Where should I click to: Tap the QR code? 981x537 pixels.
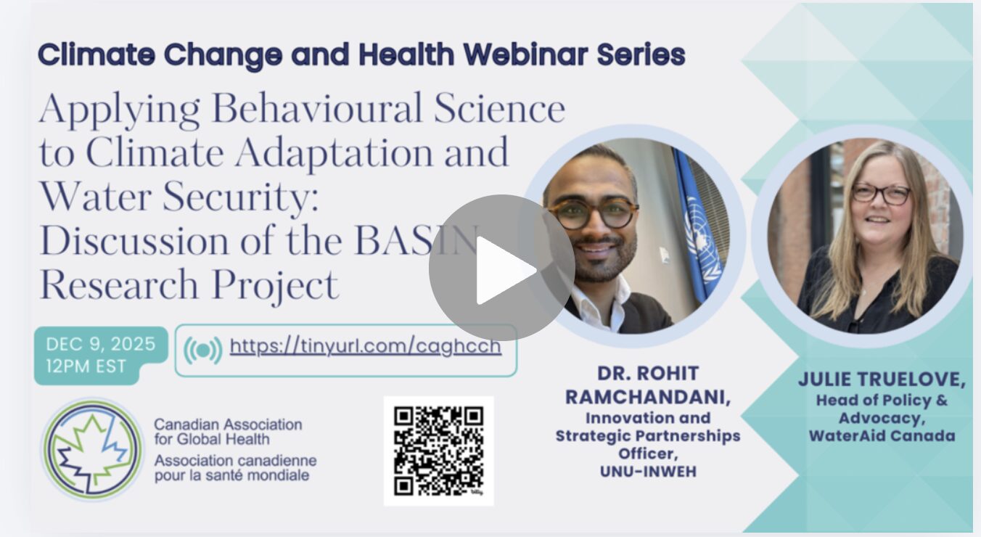click(x=439, y=451)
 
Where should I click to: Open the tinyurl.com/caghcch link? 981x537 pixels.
click(x=366, y=347)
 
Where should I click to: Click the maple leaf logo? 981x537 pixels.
click(x=92, y=450)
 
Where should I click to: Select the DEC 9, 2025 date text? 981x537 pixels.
click(x=101, y=344)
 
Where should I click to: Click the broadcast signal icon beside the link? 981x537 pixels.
click(x=202, y=350)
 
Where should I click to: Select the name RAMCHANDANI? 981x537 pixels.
click(x=648, y=397)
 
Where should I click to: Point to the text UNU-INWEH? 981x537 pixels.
click(x=648, y=472)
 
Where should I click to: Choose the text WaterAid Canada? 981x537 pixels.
click(x=882, y=436)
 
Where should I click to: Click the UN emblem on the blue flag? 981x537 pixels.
click(x=702, y=237)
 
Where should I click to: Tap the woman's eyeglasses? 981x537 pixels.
click(x=881, y=194)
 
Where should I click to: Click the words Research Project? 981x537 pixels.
click(x=189, y=284)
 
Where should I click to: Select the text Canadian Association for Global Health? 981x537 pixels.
click(x=228, y=432)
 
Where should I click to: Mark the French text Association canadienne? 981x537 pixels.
click(x=236, y=460)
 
